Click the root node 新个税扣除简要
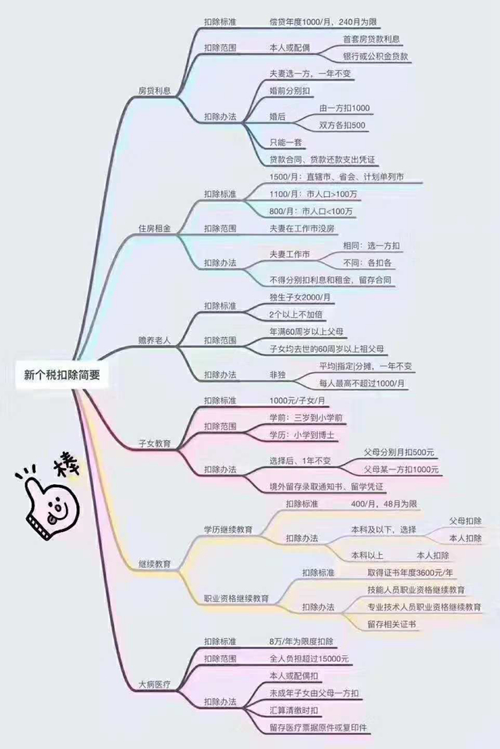(x=62, y=375)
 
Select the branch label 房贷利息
(x=155, y=91)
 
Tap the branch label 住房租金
(x=155, y=229)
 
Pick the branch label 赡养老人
(x=155, y=340)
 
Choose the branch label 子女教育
(x=155, y=443)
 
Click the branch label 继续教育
(x=155, y=563)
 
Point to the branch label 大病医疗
(x=155, y=684)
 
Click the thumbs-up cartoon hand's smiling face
(x=58, y=507)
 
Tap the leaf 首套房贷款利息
(x=372, y=39)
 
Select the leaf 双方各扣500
(x=342, y=125)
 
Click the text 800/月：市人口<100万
(x=311, y=211)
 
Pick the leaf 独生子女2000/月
(x=300, y=297)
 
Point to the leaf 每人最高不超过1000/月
(x=362, y=383)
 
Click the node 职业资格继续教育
(x=236, y=598)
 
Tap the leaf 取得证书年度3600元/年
(x=410, y=572)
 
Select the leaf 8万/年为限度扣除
(x=302, y=641)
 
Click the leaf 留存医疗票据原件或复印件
(x=318, y=727)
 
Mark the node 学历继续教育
(x=228, y=530)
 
